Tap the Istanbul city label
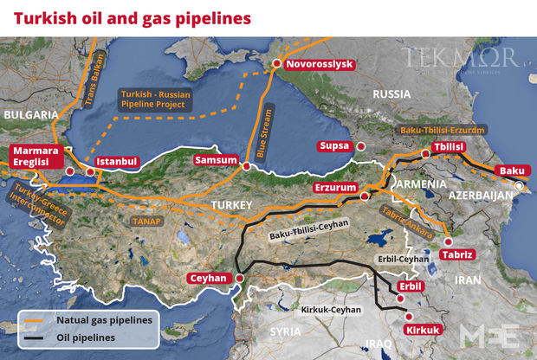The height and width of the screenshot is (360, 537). pyautogui.click(x=117, y=161)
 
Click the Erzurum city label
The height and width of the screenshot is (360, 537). pyautogui.click(x=335, y=187)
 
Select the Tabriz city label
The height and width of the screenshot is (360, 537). pyautogui.click(x=457, y=254)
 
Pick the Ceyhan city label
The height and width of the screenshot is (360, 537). pyautogui.click(x=208, y=279)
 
